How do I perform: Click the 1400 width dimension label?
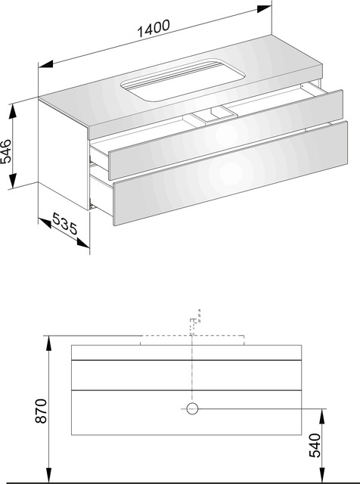[x=153, y=28]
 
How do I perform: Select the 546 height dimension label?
[x=6, y=151]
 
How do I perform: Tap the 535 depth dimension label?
[x=65, y=223]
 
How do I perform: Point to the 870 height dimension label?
[x=41, y=411]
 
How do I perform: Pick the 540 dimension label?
[x=315, y=445]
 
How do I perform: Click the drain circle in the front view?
[x=192, y=408]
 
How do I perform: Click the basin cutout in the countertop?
[x=183, y=79]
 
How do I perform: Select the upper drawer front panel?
[x=225, y=135]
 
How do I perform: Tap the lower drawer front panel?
[x=231, y=173]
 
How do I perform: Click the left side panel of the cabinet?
[x=64, y=154]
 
